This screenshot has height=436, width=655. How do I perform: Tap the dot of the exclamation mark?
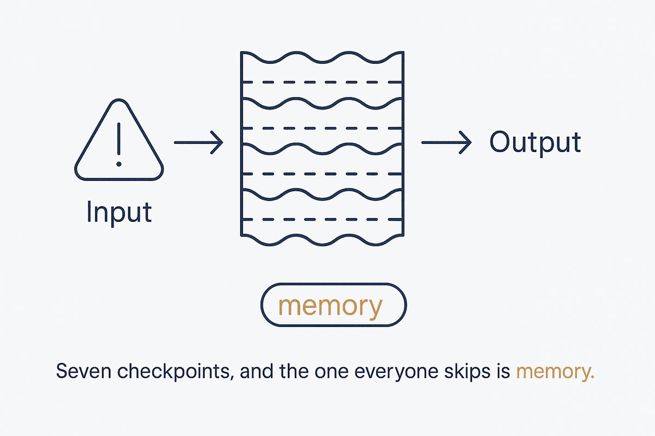point(119,164)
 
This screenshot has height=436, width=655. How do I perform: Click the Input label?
point(119,213)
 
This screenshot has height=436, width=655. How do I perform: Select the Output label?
point(535,143)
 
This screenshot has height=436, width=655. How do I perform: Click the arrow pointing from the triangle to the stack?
point(199,142)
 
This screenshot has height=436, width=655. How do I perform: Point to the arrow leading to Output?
point(446,142)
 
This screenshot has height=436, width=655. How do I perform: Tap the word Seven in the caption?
point(84,371)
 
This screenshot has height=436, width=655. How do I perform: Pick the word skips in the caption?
point(467,372)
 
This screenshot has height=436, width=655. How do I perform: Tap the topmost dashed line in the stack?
point(322,82)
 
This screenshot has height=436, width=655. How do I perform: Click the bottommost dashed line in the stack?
point(322,219)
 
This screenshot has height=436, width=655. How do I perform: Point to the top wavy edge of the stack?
point(322,62)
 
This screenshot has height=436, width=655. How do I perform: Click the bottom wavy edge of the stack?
point(322,244)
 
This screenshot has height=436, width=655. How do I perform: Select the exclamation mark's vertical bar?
point(119,139)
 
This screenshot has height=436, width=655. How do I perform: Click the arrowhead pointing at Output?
point(465,142)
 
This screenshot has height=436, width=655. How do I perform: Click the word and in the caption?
point(257,371)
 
